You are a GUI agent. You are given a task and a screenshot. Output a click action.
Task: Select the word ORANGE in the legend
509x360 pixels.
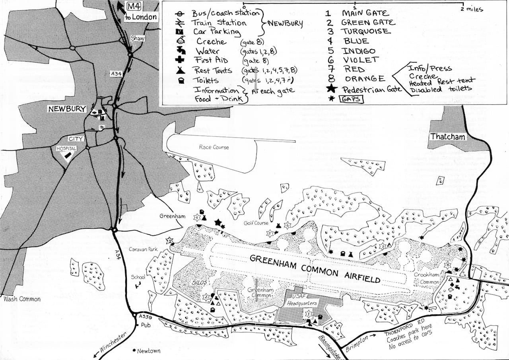click(365, 79)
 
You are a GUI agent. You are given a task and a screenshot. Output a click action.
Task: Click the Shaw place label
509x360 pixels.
click(136, 39)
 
